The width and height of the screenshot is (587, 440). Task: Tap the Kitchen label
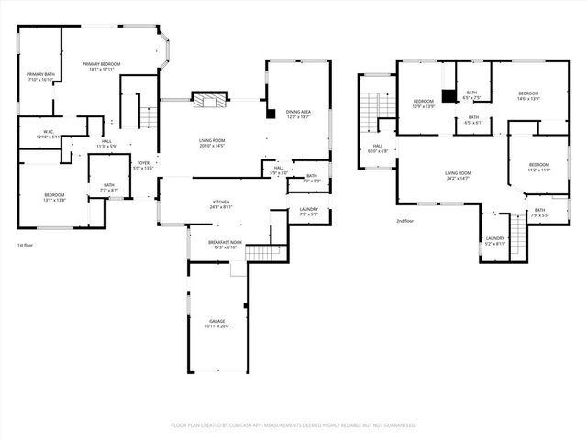click(221, 203)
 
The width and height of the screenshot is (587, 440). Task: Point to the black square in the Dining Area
click(271, 114)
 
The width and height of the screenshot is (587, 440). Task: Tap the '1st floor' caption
click(26, 246)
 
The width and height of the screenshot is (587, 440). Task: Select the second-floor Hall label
click(377, 148)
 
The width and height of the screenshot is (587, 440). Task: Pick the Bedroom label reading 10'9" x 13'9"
click(423, 103)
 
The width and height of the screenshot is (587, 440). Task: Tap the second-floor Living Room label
click(458, 174)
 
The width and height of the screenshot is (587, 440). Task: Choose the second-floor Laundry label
click(494, 240)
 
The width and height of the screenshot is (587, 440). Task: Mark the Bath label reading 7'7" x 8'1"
click(109, 187)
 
